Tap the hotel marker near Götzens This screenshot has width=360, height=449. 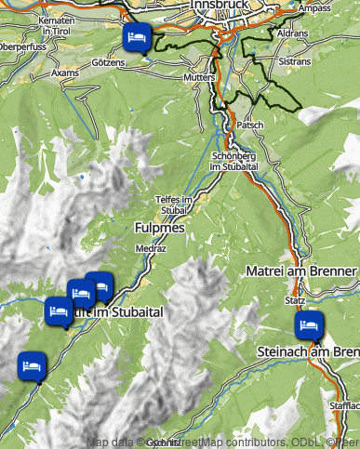(x=136, y=38)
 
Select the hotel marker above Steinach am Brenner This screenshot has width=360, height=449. (x=308, y=325)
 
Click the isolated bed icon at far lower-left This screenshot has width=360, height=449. (x=33, y=363)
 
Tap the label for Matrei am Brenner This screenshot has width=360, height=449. (x=301, y=271)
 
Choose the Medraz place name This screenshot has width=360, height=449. (x=150, y=249)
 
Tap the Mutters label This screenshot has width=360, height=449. (x=199, y=77)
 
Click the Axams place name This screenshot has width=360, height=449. (x=65, y=72)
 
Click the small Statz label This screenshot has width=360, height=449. (x=295, y=301)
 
